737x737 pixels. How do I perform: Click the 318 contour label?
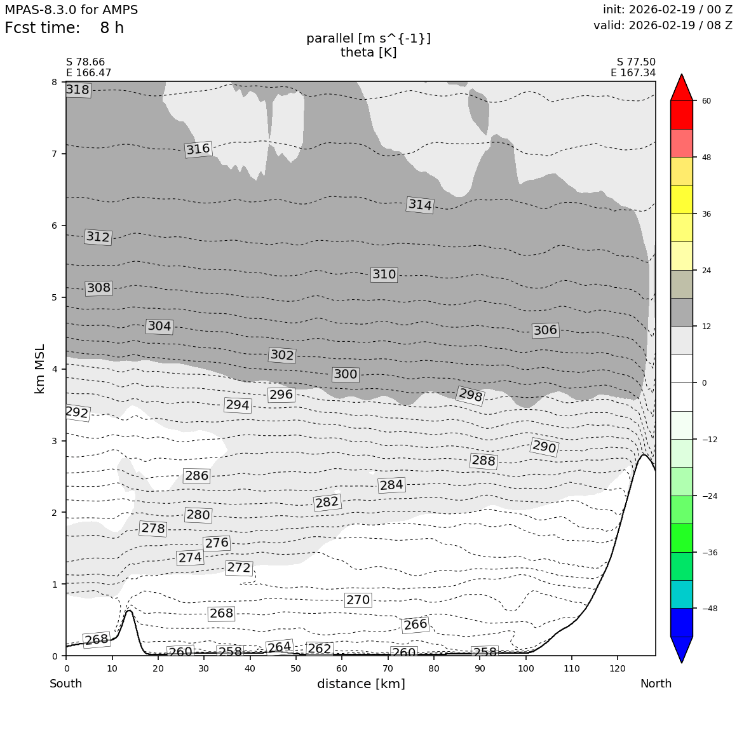click(x=78, y=90)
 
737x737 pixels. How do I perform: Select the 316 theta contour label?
click(x=198, y=149)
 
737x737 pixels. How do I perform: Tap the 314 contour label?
click(x=420, y=205)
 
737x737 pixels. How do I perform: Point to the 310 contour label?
click(x=384, y=274)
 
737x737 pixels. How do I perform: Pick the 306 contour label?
click(x=545, y=330)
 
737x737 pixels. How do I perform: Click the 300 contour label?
click(x=346, y=375)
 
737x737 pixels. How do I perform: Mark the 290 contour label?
click(x=544, y=447)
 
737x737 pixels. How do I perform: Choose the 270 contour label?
click(x=358, y=600)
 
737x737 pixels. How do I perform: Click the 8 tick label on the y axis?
click(x=54, y=82)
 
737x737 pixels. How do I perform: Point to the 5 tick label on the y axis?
click(x=54, y=297)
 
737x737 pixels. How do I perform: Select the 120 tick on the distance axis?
click(x=618, y=668)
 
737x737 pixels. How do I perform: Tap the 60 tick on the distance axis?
click(x=342, y=668)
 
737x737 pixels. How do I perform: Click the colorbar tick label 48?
click(x=706, y=158)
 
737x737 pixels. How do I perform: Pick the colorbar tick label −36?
click(x=708, y=553)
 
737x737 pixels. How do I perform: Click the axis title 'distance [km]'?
click(x=361, y=684)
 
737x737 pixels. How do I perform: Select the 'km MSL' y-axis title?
click(x=40, y=368)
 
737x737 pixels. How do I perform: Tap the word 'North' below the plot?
click(x=656, y=684)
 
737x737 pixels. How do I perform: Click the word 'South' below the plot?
click(x=66, y=684)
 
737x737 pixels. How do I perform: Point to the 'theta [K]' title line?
click(x=368, y=53)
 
